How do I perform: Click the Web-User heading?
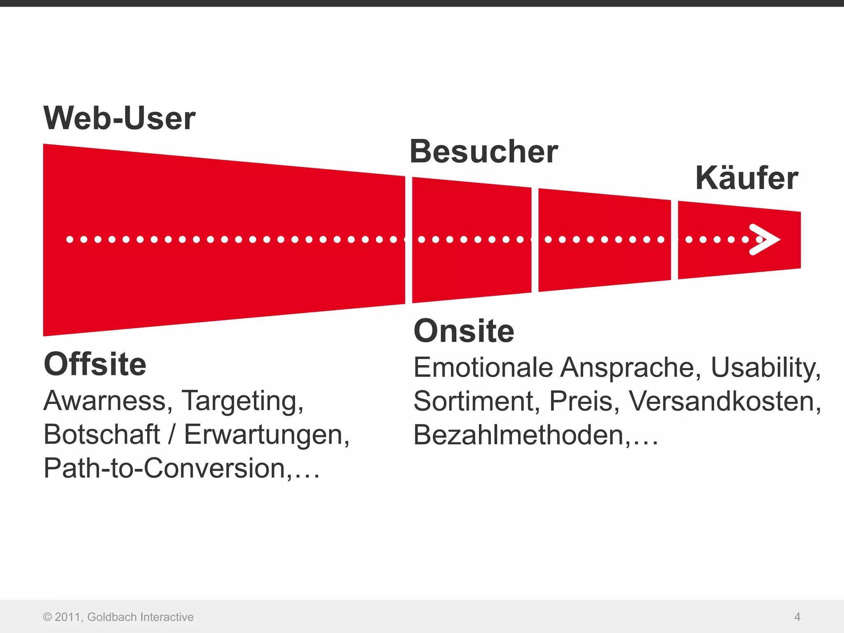[x=119, y=118]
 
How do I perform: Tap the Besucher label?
[x=483, y=152]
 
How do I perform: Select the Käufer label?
[x=746, y=178]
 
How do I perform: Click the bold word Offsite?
[x=95, y=364]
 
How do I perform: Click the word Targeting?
[x=242, y=401]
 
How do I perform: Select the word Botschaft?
[x=101, y=434]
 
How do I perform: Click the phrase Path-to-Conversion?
[x=165, y=469]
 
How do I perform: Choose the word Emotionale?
[x=483, y=367]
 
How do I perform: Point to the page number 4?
[x=797, y=617]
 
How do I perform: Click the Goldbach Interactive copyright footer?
[x=118, y=617]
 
